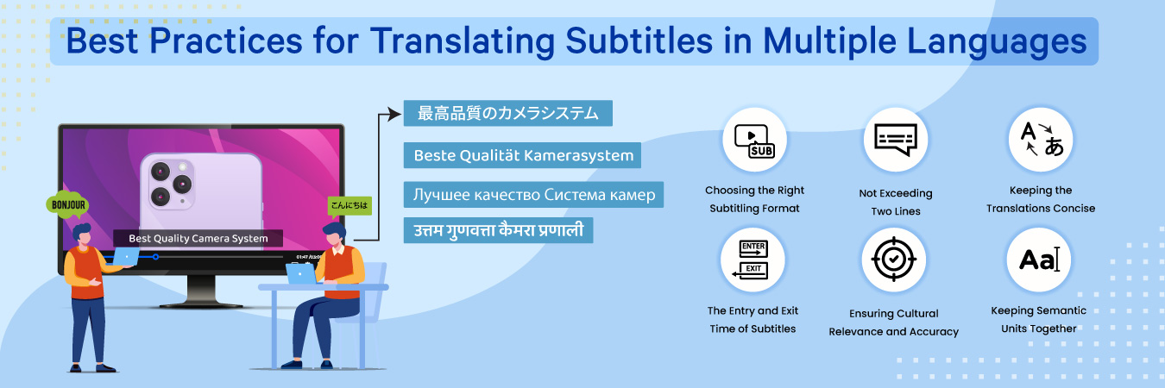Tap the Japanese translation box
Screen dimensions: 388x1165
507,113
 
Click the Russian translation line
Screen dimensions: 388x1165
534,195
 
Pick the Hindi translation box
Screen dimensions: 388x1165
499,230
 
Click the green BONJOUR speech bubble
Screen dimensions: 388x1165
67,205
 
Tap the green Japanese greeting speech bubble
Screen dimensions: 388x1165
349,205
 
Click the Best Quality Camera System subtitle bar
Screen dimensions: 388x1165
198,238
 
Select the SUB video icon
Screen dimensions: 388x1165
753,141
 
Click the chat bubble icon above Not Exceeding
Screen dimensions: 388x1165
895,141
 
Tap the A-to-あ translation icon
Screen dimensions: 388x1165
1041,141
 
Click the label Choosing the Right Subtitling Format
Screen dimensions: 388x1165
754,199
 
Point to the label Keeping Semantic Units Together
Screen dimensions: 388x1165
1039,319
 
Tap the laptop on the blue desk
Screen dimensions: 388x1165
301,273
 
